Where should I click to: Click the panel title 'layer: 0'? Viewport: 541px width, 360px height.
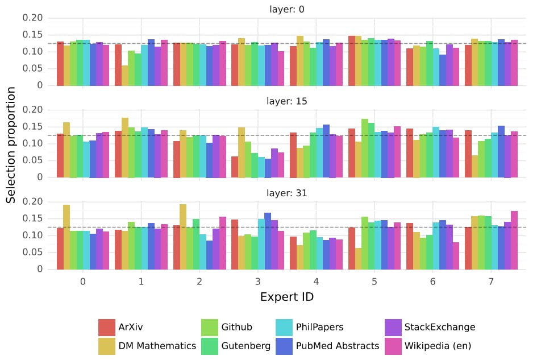coord(287,9)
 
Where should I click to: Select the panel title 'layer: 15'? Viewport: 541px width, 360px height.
coord(287,101)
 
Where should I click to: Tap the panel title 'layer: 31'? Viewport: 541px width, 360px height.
coord(287,193)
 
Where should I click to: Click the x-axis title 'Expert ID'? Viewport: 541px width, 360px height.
coord(287,297)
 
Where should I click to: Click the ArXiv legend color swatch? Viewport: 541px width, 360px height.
coord(107,327)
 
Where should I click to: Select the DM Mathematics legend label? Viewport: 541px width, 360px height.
coord(157,346)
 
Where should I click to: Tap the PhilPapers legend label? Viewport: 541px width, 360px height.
coord(319,327)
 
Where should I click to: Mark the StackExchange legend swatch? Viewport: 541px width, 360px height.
coord(393,327)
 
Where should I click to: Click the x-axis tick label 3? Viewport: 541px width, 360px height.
coord(258,282)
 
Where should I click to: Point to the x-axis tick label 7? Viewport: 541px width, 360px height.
coord(491,282)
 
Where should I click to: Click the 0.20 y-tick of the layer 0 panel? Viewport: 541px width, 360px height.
coord(32,18)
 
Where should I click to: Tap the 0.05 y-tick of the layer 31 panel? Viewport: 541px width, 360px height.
coord(32,253)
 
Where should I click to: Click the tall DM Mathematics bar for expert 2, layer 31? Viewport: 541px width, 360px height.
coord(183,237)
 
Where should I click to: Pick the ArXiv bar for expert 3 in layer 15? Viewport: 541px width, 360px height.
coord(235,167)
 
